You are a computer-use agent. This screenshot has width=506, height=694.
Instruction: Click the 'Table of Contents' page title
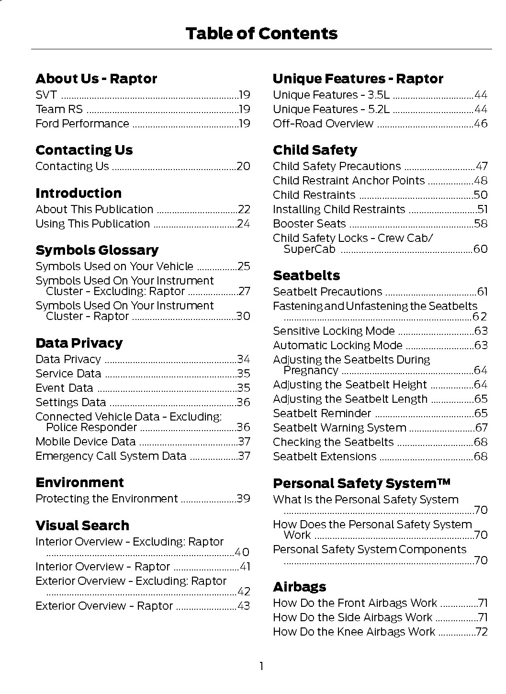click(261, 34)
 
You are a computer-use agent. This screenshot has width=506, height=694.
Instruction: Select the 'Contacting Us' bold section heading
click(84, 150)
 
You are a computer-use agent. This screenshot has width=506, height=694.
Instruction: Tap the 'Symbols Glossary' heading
click(97, 250)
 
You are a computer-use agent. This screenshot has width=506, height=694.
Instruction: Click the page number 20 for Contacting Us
click(243, 166)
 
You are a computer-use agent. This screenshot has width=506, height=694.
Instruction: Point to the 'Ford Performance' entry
click(82, 124)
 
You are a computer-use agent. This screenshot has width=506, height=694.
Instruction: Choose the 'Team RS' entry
click(59, 109)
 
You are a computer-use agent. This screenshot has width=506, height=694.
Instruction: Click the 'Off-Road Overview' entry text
click(323, 124)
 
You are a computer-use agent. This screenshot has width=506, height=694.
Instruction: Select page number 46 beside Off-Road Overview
click(480, 124)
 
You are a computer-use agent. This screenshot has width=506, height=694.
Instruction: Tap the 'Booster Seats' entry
click(309, 224)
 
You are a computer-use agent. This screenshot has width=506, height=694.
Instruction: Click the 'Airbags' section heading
click(300, 587)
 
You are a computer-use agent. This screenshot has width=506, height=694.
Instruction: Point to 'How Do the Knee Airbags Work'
click(354, 632)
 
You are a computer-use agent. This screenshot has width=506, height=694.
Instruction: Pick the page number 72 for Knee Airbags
click(482, 632)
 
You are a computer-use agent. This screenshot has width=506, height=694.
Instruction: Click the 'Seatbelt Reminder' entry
click(322, 413)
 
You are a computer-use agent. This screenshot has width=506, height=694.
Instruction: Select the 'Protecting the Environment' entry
click(107, 499)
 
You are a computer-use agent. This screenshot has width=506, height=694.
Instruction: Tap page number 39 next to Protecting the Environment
click(243, 499)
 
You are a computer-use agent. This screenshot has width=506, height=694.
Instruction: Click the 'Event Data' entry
click(65, 388)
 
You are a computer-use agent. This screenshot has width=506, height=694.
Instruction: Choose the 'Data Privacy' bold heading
click(79, 343)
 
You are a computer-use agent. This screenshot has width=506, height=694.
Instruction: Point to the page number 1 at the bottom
click(261, 666)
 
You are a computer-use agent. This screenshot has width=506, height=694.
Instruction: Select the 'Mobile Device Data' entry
click(86, 442)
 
